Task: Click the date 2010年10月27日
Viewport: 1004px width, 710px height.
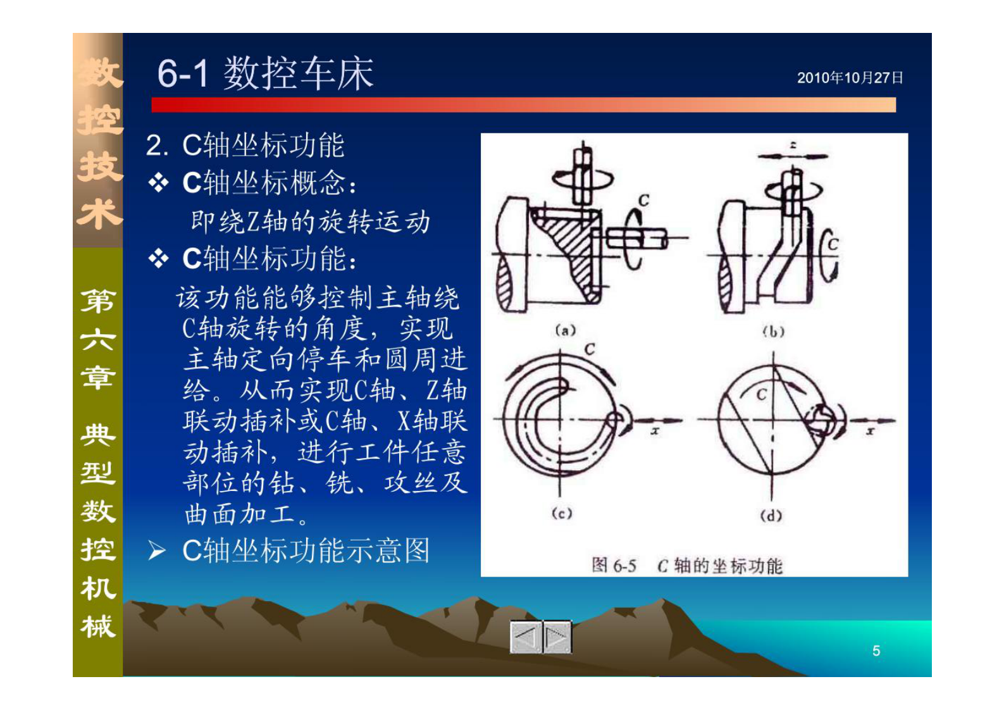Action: (849, 78)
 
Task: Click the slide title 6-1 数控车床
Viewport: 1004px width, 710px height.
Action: (265, 73)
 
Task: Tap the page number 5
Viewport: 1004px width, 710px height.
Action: (876, 651)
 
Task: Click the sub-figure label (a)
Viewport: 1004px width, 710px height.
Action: (565, 330)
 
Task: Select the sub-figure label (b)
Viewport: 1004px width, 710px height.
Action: (773, 332)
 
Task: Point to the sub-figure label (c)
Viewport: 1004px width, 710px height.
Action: (561, 513)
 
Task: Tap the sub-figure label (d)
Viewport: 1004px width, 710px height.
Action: (771, 516)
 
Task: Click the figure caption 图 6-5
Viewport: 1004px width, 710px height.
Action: (613, 565)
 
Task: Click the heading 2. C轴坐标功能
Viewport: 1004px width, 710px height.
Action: (245, 146)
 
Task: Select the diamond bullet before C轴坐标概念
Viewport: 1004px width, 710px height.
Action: (158, 184)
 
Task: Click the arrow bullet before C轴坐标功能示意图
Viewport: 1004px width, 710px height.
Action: (157, 551)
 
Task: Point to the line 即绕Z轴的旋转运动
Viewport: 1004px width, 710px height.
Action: (310, 222)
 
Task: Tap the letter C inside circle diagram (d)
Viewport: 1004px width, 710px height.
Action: (762, 394)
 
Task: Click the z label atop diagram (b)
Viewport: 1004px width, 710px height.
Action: (793, 146)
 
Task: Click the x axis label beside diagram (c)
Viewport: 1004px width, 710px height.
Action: (655, 431)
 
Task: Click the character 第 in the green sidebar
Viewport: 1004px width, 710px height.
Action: (98, 301)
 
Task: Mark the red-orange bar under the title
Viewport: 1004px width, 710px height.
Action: (523, 105)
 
